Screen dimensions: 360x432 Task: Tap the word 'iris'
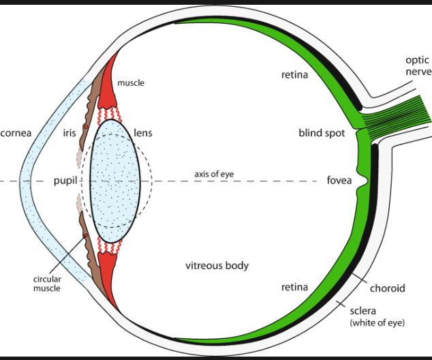tap(69, 133)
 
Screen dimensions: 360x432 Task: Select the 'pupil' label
tap(65, 181)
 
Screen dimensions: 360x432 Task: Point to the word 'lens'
tap(143, 133)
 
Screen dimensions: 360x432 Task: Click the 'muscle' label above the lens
tap(131, 83)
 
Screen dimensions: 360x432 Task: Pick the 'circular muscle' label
tap(47, 283)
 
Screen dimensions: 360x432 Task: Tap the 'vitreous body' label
tap(217, 265)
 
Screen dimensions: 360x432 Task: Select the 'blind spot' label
tap(320, 133)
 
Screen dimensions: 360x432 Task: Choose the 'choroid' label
tap(387, 288)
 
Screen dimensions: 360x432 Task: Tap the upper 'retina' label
tap(294, 74)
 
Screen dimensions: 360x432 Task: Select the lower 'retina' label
tap(296, 287)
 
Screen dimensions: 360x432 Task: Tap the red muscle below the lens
tap(109, 267)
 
